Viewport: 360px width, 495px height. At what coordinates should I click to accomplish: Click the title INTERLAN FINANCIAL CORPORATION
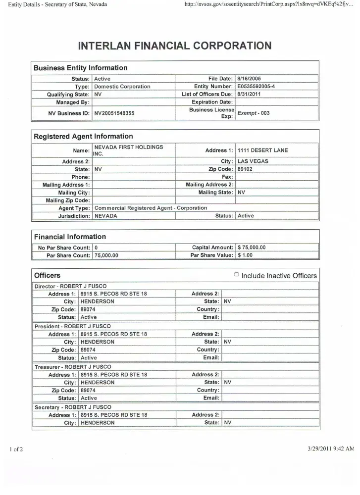tap(175, 46)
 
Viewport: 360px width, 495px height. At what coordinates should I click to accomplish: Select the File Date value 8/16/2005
tap(249, 79)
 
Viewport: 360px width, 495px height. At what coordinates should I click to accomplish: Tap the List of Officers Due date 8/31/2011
tap(249, 95)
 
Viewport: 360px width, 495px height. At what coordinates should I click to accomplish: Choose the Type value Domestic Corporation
tap(122, 87)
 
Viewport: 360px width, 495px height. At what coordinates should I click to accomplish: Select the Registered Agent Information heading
tap(83, 136)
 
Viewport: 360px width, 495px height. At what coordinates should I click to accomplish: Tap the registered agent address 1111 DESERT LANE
tap(262, 150)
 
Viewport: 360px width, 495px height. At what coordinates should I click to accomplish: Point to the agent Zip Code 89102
tap(246, 169)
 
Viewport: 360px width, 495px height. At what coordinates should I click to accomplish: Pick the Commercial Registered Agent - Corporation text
tap(151, 208)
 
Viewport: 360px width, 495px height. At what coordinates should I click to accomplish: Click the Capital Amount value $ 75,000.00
tap(252, 247)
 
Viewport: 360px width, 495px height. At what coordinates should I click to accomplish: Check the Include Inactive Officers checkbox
tap(236, 275)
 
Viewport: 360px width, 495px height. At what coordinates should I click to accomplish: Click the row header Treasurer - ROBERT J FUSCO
tap(72, 367)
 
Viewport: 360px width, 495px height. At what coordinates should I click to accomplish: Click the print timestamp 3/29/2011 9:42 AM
tap(331, 448)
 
